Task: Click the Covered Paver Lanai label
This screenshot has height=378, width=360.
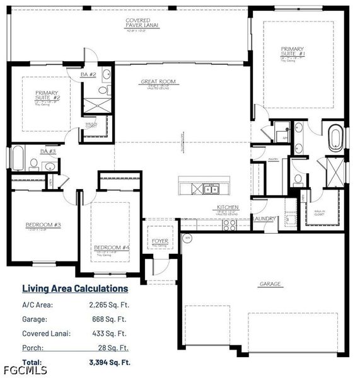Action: pyautogui.click(x=137, y=24)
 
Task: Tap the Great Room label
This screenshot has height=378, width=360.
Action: pyautogui.click(x=158, y=82)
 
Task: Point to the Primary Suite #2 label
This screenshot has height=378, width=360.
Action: pyautogui.click(x=47, y=96)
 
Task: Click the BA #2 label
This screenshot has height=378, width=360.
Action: pyautogui.click(x=88, y=75)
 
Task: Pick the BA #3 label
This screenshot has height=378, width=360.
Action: pyautogui.click(x=48, y=151)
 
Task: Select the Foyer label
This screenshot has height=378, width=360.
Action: pyautogui.click(x=160, y=241)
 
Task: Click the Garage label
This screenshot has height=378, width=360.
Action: pyautogui.click(x=270, y=284)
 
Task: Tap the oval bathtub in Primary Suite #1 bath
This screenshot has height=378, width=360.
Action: pyautogui.click(x=334, y=139)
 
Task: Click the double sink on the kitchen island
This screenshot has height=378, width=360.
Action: pyautogui.click(x=210, y=188)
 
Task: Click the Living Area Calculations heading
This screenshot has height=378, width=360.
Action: pyautogui.click(x=75, y=289)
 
